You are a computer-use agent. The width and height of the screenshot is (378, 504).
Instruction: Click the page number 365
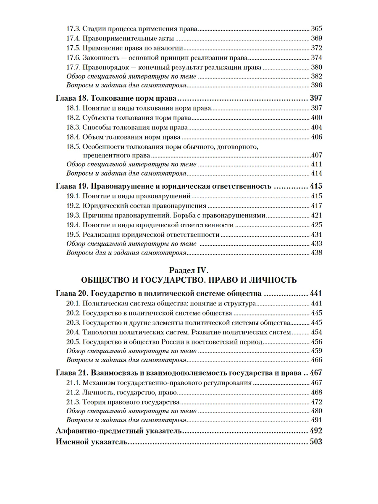pyautogui.click(x=316, y=29)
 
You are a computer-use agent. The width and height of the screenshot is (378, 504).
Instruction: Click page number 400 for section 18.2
pyautogui.click(x=316, y=118)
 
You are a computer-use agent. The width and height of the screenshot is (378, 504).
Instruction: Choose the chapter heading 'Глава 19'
pyautogui.click(x=71, y=186)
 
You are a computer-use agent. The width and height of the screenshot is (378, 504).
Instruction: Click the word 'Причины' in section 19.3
pyautogui.click(x=97, y=215)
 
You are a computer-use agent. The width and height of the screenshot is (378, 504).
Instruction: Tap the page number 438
pyautogui.click(x=316, y=253)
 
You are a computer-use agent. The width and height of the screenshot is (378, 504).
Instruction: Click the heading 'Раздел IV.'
pyautogui.click(x=189, y=270)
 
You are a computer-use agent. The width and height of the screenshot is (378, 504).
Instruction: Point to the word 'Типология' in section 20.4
pyautogui.click(x=99, y=332)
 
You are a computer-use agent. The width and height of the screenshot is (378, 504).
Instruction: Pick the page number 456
pyautogui.click(x=316, y=342)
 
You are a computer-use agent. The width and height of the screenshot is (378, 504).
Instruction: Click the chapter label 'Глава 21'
pyautogui.click(x=71, y=373)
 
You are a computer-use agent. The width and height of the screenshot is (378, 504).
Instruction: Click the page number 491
pyautogui.click(x=316, y=420)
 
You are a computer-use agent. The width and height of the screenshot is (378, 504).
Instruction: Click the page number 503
pyautogui.click(x=315, y=442)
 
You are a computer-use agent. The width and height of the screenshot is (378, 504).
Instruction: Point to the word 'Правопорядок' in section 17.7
pyautogui.click(x=104, y=67)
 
